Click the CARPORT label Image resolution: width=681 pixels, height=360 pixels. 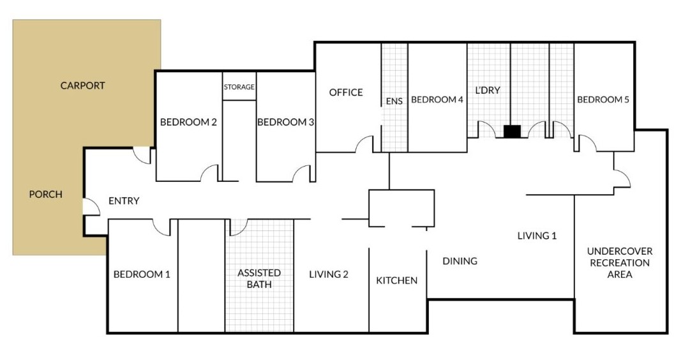click(82, 86)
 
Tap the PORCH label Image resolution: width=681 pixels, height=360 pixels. click(46, 194)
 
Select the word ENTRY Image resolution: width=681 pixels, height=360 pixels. click(124, 201)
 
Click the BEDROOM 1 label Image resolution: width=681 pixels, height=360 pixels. click(142, 274)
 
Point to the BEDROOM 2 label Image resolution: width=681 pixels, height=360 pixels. click(188, 122)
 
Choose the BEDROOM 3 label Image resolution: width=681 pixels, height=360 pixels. click(285, 122)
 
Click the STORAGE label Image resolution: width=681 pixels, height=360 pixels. click(239, 87)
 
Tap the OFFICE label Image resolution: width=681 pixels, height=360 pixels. click(346, 93)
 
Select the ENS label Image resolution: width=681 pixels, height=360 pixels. click(394, 100)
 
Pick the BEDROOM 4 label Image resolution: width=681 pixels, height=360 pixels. click(437, 100)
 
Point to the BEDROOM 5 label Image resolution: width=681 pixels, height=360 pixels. click(603, 100)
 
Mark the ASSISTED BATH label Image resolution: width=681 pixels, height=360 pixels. click(259, 278)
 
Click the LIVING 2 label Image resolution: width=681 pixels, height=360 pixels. click(329, 274)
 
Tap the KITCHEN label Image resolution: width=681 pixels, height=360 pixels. click(397, 280)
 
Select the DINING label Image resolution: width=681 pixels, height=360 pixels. click(460, 261)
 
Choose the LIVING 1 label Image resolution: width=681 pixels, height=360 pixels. click(537, 236)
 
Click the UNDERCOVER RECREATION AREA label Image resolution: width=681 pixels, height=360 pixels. click(620, 263)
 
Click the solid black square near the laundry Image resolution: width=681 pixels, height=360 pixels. click(512, 131)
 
